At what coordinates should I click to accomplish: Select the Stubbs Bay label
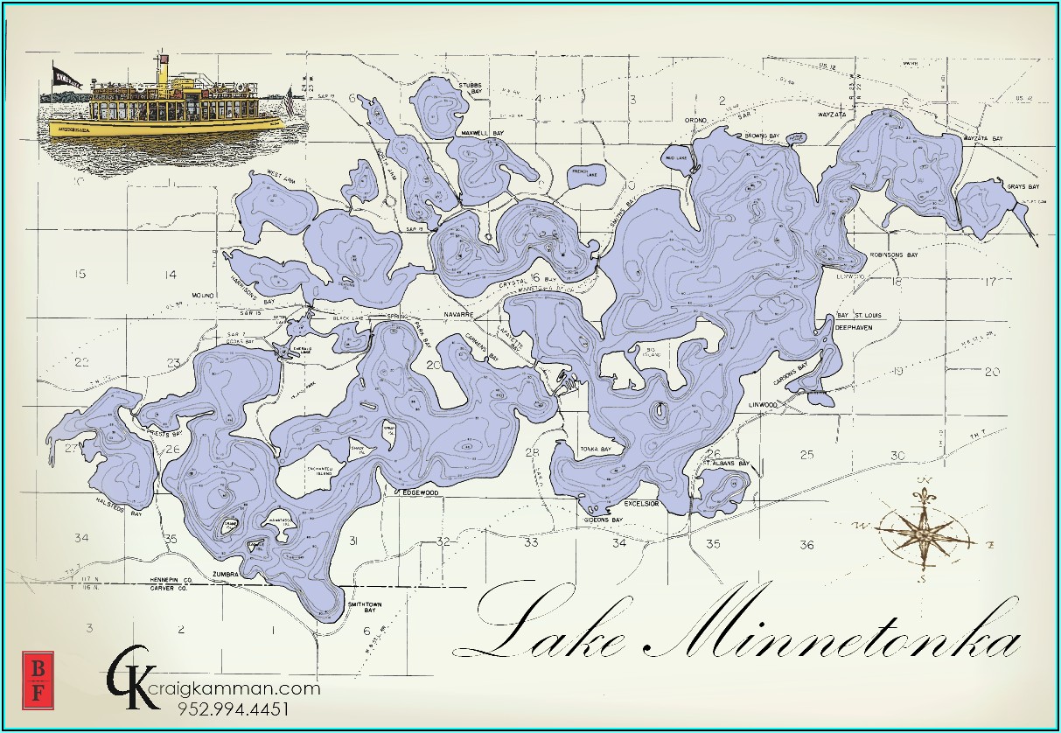(x=471, y=87)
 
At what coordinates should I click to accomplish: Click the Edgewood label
(x=416, y=492)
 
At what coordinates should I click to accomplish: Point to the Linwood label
(x=763, y=405)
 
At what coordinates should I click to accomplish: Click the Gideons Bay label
(x=603, y=520)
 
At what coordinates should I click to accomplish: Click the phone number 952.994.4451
(x=233, y=709)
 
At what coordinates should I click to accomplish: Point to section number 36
(x=806, y=545)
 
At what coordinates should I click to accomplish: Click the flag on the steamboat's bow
(x=66, y=75)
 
